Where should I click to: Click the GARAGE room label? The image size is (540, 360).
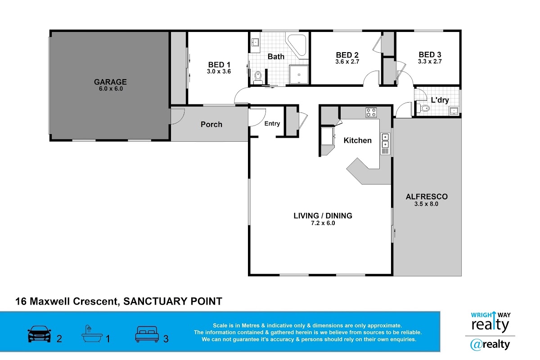click(110, 82)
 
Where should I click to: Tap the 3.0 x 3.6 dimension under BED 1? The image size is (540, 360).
click(219, 72)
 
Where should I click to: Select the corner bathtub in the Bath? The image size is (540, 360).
click(297, 46)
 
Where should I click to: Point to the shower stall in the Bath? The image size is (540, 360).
click(299, 75)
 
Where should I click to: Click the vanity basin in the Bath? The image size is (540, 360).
click(255, 43)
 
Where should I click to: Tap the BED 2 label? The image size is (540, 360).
click(347, 55)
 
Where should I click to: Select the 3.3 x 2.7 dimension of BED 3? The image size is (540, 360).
click(430, 62)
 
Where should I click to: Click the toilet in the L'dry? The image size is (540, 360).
click(423, 108)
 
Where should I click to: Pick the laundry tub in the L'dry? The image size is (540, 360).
click(454, 111)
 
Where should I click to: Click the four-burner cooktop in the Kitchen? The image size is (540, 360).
click(371, 112)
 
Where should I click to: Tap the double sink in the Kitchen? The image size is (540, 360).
click(385, 144)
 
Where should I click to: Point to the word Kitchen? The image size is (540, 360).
click(357, 140)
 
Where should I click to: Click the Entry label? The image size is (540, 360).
click(272, 124)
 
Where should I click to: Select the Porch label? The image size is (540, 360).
click(211, 124)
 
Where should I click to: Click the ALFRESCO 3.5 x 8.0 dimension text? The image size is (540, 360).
click(426, 204)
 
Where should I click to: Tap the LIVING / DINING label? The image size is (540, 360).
click(323, 216)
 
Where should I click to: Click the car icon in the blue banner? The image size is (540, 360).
click(39, 334)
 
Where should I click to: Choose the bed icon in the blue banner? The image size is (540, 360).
click(147, 334)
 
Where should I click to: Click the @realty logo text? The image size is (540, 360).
click(490, 345)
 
